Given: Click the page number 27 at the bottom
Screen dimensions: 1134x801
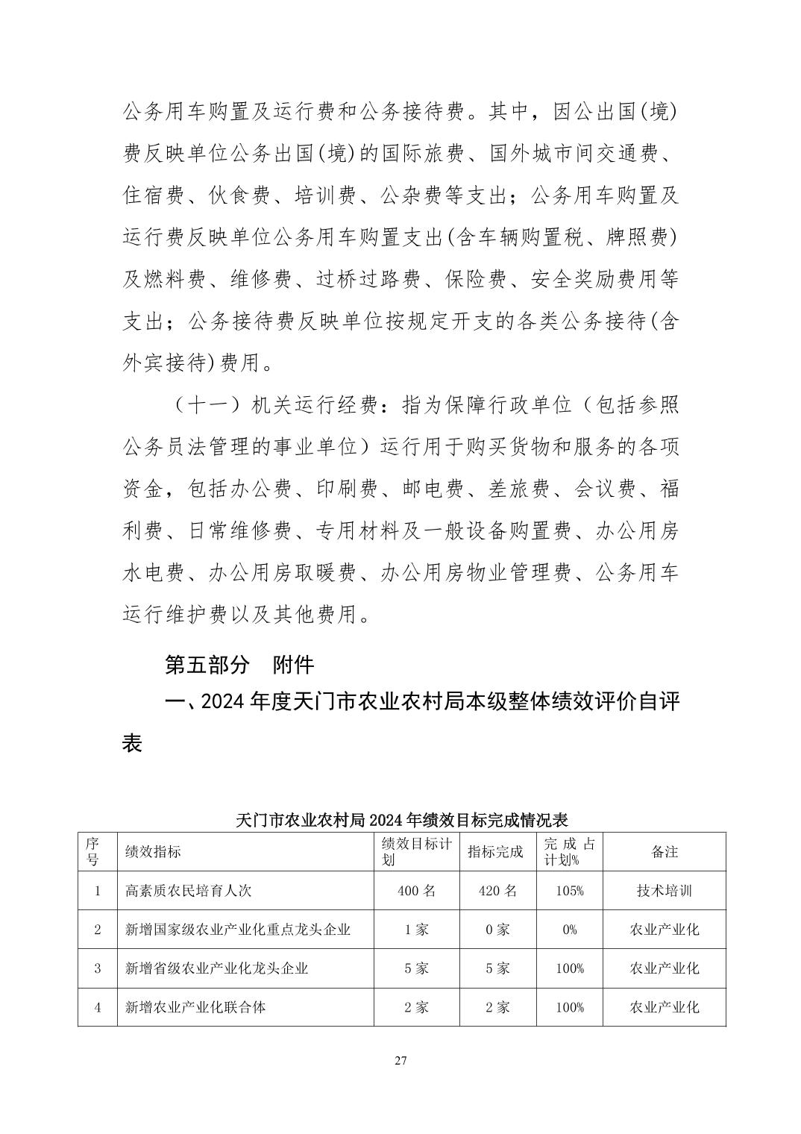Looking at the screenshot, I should click(400, 1061).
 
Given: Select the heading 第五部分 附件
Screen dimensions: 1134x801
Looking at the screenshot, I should click(239, 665).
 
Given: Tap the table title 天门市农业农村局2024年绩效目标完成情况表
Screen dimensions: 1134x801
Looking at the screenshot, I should click(401, 821).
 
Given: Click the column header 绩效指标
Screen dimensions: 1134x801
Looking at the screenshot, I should click(154, 852).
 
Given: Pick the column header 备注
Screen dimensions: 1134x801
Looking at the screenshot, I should click(664, 852).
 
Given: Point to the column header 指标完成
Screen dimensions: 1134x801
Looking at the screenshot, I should click(495, 852).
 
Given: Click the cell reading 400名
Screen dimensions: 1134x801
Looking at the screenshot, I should click(416, 891).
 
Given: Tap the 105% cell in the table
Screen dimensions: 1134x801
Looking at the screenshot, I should click(570, 891).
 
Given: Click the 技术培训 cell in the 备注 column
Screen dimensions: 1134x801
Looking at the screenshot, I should click(664, 891).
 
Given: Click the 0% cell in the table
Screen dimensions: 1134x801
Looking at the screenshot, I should click(570, 930).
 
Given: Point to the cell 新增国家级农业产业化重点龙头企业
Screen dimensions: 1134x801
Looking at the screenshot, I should click(238, 930).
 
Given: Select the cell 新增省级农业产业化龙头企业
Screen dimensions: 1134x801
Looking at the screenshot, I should click(216, 968).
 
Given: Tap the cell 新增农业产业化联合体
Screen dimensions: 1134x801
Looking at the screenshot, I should click(195, 1007).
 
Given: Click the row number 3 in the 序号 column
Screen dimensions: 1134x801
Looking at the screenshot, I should click(98, 968).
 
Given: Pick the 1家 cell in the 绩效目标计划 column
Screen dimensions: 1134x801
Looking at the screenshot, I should click(416, 930).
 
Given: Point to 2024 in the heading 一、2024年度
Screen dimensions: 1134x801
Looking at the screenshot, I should click(224, 703).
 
